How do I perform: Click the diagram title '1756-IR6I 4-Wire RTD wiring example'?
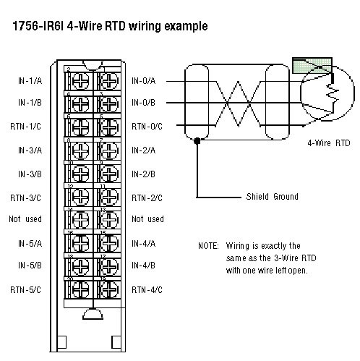coord(109,27)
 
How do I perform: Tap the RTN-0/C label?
coord(147,127)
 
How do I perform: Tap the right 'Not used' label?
coord(147,219)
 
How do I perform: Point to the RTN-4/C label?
coord(147,290)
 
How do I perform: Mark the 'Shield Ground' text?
coord(272,197)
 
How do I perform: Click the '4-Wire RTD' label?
coord(327,143)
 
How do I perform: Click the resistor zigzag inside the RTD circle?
coord(332,92)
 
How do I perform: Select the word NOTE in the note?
coord(208,245)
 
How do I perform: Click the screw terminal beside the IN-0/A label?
coord(108,79)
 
